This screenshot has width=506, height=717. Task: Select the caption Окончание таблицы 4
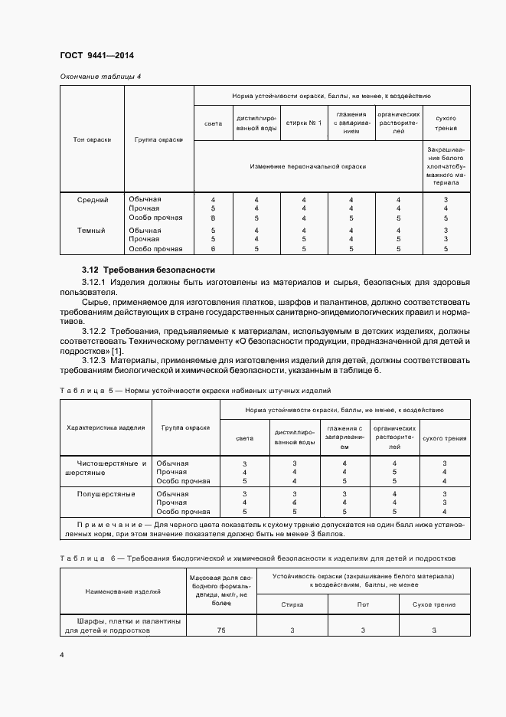100,77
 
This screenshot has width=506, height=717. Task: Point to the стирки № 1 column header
304,123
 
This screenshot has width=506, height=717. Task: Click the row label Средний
93,200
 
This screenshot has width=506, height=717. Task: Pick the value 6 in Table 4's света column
213,249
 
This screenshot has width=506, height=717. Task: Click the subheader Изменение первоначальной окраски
307,165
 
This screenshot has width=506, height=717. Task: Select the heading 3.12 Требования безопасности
149,270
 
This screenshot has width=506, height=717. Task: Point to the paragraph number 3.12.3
94,359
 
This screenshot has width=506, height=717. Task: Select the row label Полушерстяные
106,494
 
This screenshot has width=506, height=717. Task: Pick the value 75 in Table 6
220,630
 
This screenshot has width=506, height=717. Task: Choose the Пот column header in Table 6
363,604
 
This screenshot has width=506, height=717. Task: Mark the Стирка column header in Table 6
292,604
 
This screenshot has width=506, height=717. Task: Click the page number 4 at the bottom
62,655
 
